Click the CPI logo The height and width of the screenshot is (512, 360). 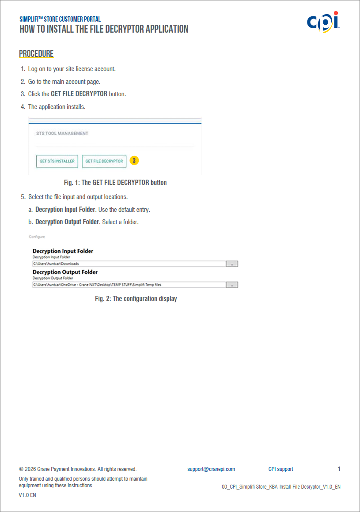pyautogui.click(x=323, y=23)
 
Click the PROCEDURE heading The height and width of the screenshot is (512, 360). pyautogui.click(x=36, y=54)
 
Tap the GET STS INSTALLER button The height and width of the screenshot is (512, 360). pyautogui.click(x=57, y=162)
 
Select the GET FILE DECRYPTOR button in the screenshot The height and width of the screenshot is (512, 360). pyautogui.click(x=104, y=162)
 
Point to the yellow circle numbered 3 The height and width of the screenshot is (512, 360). pyautogui.click(x=134, y=161)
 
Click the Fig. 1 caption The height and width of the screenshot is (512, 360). pyautogui.click(x=115, y=182)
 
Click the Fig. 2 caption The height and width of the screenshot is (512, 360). pyautogui.click(x=136, y=299)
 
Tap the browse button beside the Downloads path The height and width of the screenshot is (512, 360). pyautogui.click(x=232, y=264)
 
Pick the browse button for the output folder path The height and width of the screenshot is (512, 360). pyautogui.click(x=232, y=285)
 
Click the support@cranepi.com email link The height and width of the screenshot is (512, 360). pyautogui.click(x=211, y=469)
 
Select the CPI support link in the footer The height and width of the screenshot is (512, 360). pyautogui.click(x=280, y=469)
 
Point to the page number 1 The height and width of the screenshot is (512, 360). pyautogui.click(x=339, y=469)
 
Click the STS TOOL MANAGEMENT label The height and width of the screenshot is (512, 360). pyautogui.click(x=62, y=133)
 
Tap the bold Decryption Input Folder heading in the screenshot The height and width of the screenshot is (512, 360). pyautogui.click(x=63, y=251)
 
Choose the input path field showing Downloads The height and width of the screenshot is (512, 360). pyautogui.click(x=129, y=264)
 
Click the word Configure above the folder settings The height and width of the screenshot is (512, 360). pyautogui.click(x=37, y=237)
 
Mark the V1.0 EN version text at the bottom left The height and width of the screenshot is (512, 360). pyautogui.click(x=27, y=495)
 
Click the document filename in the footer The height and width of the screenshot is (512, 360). pyautogui.click(x=281, y=487)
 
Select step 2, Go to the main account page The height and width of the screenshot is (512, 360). pyautogui.click(x=64, y=82)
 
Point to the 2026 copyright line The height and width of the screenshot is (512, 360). pyautogui.click(x=78, y=469)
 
